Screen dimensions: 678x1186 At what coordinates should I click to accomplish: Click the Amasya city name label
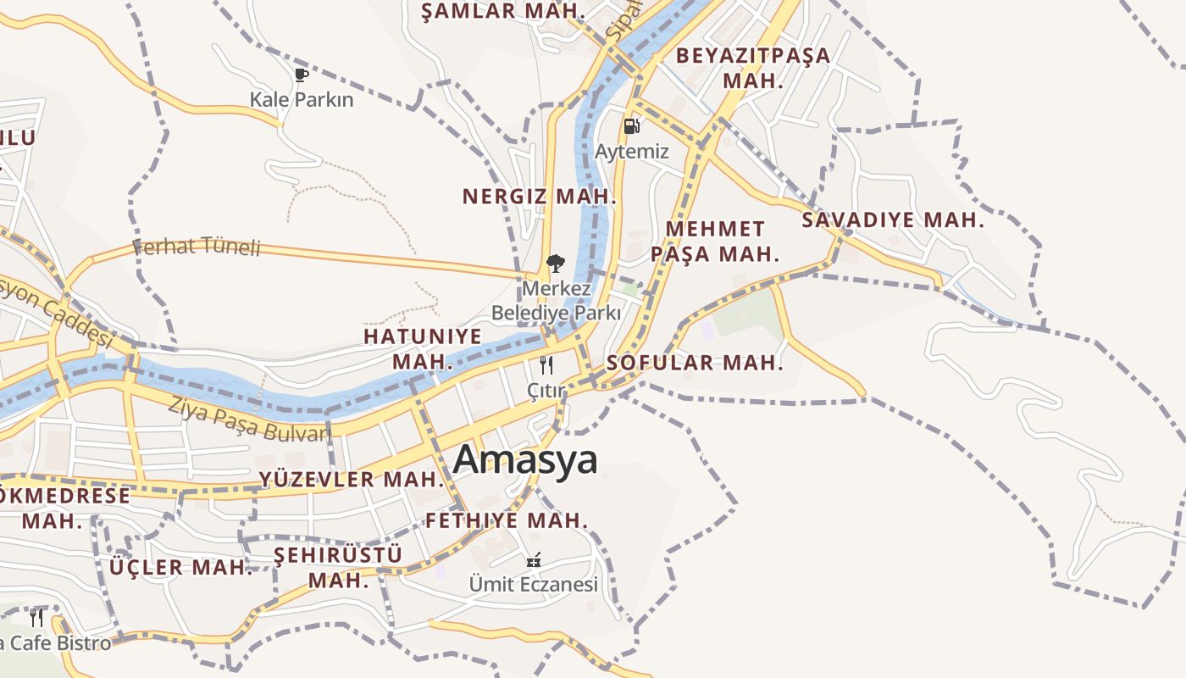click(525, 459)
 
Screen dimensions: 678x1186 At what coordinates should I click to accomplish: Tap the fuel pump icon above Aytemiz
click(631, 126)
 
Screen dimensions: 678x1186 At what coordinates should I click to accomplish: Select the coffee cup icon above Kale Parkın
click(302, 75)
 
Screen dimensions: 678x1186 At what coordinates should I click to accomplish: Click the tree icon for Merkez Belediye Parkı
click(556, 264)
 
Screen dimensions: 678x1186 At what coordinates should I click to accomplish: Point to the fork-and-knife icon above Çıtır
click(546, 365)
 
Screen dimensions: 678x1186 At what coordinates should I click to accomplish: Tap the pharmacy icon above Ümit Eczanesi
click(534, 560)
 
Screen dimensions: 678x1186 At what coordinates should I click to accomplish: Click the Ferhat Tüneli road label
click(197, 247)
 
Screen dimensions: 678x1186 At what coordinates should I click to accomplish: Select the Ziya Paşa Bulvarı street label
click(247, 420)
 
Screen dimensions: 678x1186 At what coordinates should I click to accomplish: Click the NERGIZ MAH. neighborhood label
click(539, 197)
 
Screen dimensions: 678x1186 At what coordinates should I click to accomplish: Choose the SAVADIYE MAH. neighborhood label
click(893, 220)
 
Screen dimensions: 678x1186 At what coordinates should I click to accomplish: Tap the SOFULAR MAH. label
click(695, 364)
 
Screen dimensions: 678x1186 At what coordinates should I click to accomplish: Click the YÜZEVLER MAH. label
click(352, 479)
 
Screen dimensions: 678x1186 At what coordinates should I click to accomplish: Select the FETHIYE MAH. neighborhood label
click(507, 520)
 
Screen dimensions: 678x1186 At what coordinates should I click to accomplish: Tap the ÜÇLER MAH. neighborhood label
click(181, 567)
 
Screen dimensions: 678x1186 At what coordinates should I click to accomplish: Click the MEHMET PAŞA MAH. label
click(714, 242)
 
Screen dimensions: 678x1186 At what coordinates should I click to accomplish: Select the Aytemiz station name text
click(632, 153)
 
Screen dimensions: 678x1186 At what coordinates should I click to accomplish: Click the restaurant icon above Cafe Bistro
click(36, 617)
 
